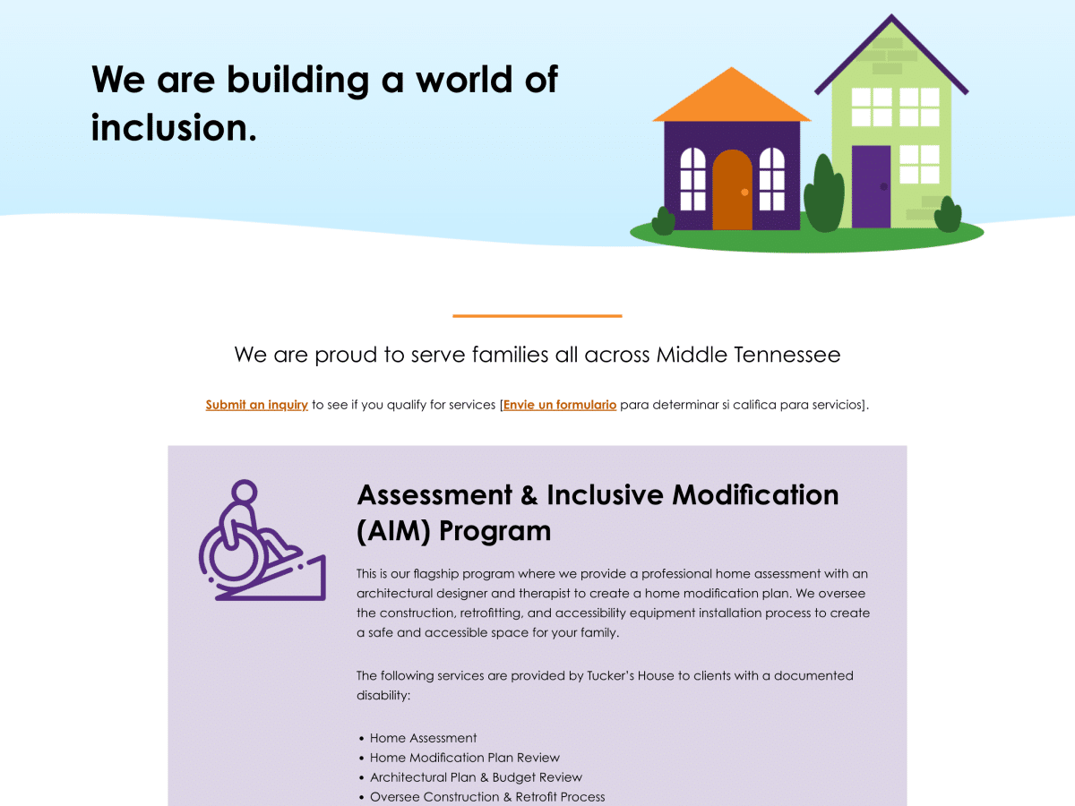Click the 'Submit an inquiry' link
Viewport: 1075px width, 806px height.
256,405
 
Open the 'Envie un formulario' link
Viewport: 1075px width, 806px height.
560,405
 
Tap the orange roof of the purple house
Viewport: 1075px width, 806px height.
731,98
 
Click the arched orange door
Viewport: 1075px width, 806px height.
732,190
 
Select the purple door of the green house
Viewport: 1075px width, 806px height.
872,186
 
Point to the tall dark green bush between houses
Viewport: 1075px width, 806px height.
824,193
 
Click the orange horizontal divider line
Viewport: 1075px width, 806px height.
537,316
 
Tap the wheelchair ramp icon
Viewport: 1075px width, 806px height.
262,540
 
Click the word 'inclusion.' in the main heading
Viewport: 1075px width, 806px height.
174,127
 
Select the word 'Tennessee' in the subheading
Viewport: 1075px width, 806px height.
787,355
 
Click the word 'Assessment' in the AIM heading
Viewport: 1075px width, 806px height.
434,494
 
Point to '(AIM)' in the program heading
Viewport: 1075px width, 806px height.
393,530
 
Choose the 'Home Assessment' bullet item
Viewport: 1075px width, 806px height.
423,737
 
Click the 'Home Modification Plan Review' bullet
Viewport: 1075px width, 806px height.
464,758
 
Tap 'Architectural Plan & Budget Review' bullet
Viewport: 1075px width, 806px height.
476,777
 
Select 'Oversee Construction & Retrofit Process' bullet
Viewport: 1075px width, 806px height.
487,797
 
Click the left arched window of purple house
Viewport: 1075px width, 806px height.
693,179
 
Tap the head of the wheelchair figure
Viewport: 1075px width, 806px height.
244,491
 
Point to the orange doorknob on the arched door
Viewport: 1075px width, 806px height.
744,193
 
